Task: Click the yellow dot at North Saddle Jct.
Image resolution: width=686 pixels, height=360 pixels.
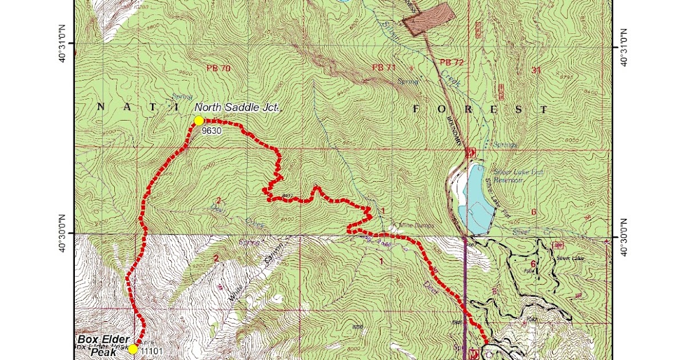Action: click(x=198, y=121)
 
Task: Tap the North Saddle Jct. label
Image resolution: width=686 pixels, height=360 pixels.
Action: click(x=236, y=107)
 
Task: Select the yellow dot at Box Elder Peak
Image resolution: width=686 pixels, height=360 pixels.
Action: click(x=133, y=349)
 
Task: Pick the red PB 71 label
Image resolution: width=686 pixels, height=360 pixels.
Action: click(x=384, y=67)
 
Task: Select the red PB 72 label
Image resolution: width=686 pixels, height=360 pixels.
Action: click(x=452, y=62)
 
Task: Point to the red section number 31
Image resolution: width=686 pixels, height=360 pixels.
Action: click(x=536, y=71)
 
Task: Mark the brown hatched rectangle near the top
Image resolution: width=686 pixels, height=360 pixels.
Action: click(x=429, y=19)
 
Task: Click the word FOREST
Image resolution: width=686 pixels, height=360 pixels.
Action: click(x=480, y=109)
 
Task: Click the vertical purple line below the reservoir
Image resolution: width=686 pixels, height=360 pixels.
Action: click(x=464, y=286)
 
